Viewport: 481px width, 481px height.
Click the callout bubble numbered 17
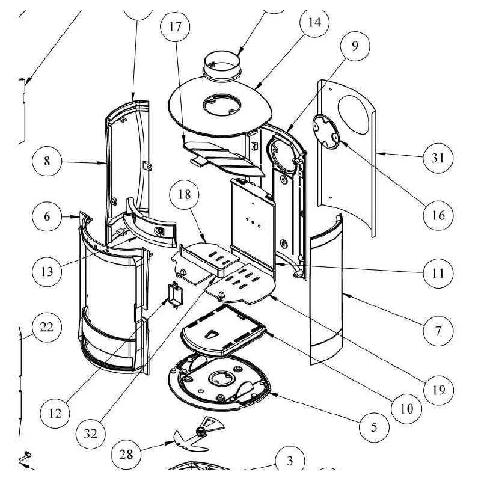[x=175, y=27]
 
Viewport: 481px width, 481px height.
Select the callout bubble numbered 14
[x=314, y=23]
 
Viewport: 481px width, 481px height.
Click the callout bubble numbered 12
[x=56, y=412]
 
